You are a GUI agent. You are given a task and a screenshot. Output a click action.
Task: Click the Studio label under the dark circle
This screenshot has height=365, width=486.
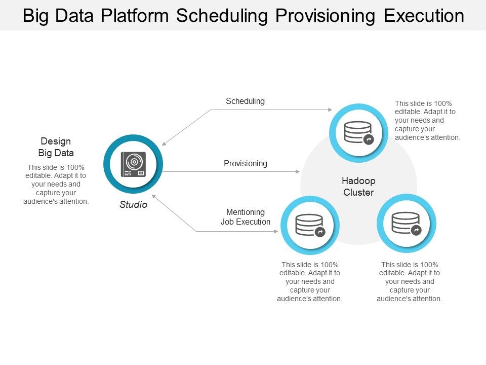(x=134, y=205)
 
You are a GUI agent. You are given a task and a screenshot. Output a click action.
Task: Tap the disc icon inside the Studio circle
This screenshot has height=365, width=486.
(x=134, y=164)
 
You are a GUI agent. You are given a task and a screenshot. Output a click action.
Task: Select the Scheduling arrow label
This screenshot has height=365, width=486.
(x=245, y=101)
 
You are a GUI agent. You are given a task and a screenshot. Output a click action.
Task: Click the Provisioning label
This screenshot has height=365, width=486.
(x=246, y=163)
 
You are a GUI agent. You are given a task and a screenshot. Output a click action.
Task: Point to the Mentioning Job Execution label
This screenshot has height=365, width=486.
(x=246, y=217)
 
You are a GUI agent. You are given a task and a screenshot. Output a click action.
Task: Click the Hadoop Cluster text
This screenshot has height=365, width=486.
(x=358, y=187)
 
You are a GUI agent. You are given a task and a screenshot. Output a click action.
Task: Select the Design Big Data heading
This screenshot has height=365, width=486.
(x=56, y=147)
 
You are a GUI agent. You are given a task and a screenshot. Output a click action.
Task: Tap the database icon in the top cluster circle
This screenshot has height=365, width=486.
(x=358, y=133)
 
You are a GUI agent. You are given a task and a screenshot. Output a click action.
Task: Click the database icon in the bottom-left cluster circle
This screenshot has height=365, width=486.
(x=309, y=225)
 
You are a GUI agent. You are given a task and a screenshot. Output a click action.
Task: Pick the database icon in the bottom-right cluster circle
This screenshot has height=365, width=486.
(x=406, y=223)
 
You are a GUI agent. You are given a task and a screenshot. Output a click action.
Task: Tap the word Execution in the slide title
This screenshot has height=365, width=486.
(x=424, y=16)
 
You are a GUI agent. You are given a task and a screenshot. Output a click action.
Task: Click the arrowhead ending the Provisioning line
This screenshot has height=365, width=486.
(x=298, y=172)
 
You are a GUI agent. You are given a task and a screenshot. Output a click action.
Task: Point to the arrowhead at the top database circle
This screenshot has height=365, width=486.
(x=330, y=109)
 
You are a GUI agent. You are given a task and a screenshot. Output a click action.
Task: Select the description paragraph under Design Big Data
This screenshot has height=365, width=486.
(x=56, y=184)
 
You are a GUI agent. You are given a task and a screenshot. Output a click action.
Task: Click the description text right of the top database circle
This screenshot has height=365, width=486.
(x=427, y=121)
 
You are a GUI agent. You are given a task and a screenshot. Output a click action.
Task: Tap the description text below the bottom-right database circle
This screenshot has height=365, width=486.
(x=409, y=281)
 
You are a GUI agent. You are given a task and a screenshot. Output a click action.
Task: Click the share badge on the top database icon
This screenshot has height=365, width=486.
(x=369, y=139)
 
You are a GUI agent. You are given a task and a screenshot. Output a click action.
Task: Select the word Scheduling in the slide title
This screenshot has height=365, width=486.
(x=222, y=16)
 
